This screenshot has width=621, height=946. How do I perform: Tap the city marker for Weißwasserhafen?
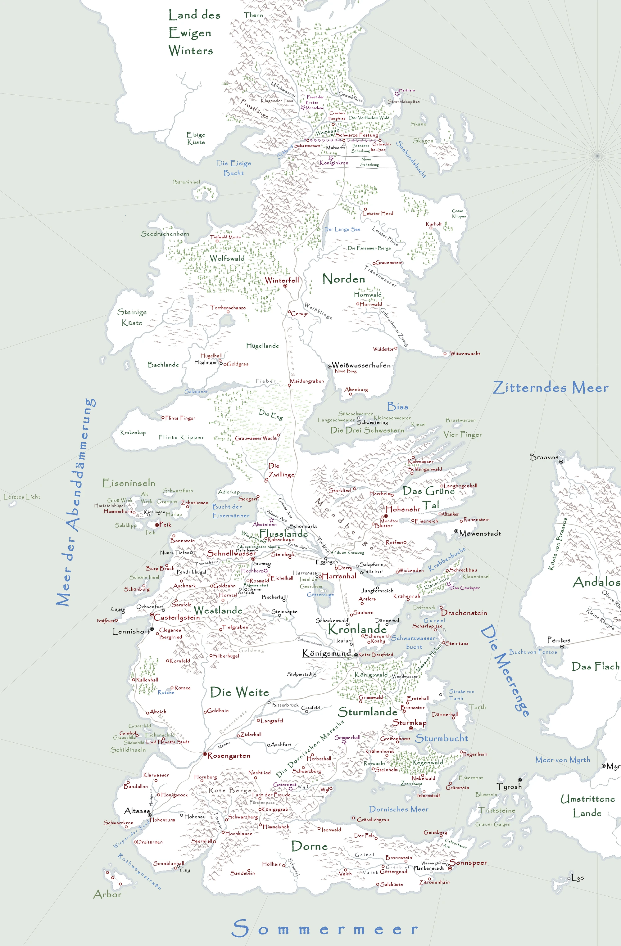[329, 366]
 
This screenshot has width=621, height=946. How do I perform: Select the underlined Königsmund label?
[326, 653]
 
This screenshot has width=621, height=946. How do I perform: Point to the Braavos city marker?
[561, 462]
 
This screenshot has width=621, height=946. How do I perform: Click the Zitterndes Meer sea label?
[551, 388]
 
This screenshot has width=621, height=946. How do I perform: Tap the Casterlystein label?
[177, 617]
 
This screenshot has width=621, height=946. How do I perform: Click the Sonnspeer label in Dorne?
[468, 863]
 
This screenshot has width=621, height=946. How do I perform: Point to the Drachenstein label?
[464, 613]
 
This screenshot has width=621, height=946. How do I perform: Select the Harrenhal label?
[339, 576]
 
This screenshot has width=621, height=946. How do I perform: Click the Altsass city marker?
[150, 815]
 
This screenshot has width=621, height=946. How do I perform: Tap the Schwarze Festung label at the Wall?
[357, 135]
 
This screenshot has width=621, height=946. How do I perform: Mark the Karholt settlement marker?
[431, 228]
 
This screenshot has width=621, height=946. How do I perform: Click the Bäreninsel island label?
[187, 182]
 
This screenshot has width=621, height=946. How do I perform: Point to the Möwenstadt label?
[480, 534]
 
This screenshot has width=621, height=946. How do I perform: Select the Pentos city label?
[559, 640]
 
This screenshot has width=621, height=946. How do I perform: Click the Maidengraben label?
[306, 381]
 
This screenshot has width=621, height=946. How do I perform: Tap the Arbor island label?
[107, 894]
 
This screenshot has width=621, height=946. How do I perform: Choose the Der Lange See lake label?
[342, 229]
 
